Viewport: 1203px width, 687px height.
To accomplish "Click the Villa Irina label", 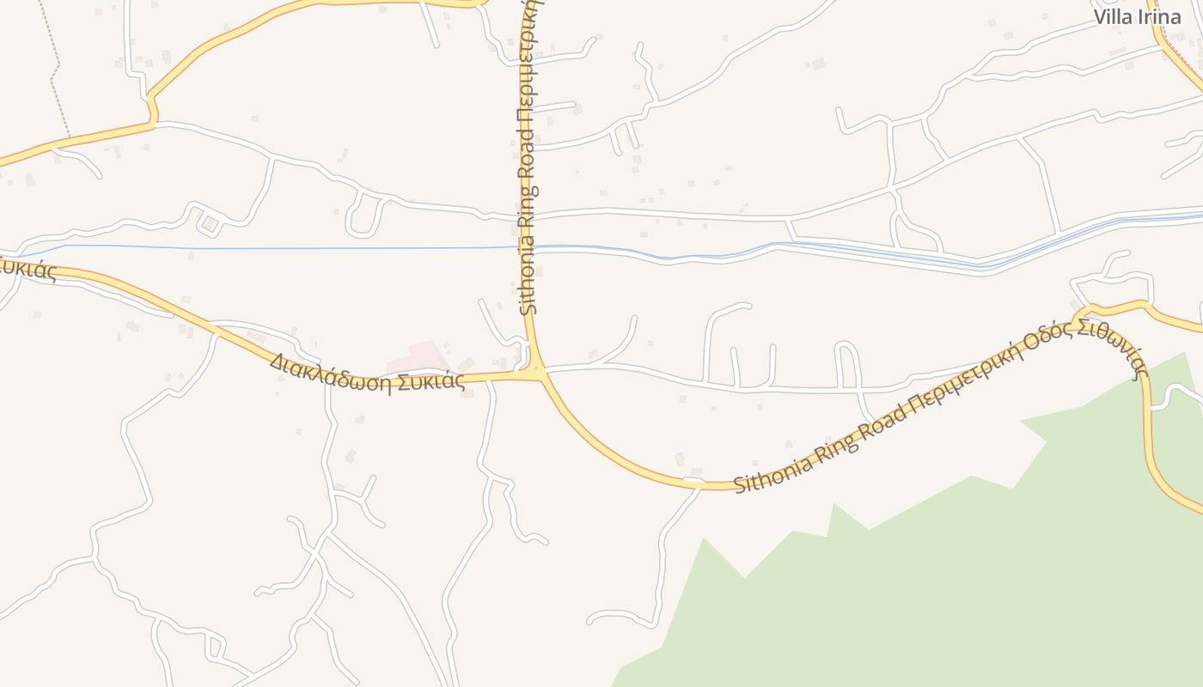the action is pyautogui.click(x=1137, y=17).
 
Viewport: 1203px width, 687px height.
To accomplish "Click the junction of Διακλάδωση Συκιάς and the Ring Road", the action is pyautogui.click(x=539, y=373).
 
